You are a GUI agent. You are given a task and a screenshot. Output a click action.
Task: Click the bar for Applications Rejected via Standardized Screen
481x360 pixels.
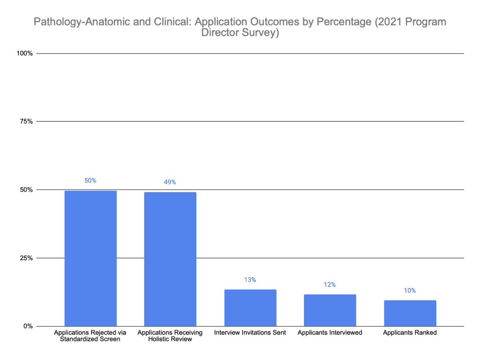pyautogui.click(x=91, y=258)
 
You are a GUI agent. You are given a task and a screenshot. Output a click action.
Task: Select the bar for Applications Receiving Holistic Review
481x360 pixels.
pyautogui.click(x=170, y=259)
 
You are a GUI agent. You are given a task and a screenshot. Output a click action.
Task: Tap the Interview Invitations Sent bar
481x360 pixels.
pyautogui.click(x=250, y=308)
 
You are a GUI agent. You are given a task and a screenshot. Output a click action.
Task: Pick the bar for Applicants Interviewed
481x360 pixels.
pyautogui.click(x=330, y=310)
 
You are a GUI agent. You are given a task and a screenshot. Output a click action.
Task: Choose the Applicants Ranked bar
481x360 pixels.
pyautogui.click(x=410, y=313)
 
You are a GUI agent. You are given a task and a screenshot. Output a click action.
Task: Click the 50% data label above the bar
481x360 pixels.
pyautogui.click(x=91, y=180)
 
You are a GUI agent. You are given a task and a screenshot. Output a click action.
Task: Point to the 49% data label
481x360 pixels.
pyautogui.click(x=170, y=182)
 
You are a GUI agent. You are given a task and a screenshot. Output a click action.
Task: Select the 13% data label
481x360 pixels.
pyautogui.click(x=250, y=280)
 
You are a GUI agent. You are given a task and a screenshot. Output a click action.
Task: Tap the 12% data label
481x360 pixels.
pyautogui.click(x=330, y=285)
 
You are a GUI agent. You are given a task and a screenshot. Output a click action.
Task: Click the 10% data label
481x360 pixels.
pyautogui.click(x=410, y=291)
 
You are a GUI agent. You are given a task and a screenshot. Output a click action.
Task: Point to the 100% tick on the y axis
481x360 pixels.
pyautogui.click(x=24, y=54)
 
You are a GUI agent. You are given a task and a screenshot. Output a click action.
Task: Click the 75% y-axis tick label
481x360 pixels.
pyautogui.click(x=26, y=122)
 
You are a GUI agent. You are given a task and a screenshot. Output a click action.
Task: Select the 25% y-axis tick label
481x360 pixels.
pyautogui.click(x=26, y=258)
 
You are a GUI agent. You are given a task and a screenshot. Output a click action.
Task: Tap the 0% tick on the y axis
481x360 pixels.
pyautogui.click(x=28, y=326)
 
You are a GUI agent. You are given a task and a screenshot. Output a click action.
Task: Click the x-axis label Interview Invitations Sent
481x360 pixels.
pyautogui.click(x=250, y=333)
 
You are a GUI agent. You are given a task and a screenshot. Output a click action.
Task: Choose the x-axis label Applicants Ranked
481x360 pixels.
pyautogui.click(x=410, y=333)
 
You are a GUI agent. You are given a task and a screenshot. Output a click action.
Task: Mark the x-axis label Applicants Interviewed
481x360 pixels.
pyautogui.click(x=330, y=333)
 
